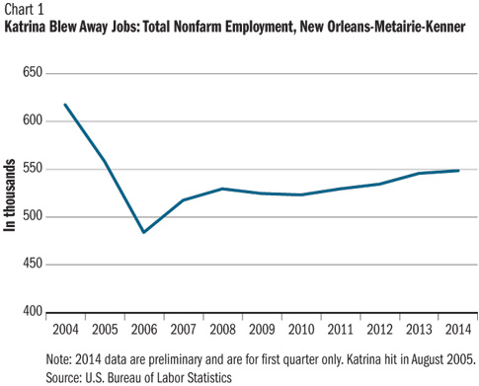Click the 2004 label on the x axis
point(65,328)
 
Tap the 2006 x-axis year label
point(144,328)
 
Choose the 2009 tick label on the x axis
point(263,328)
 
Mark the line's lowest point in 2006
point(144,233)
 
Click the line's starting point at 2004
point(65,105)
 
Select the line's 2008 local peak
point(223,189)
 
